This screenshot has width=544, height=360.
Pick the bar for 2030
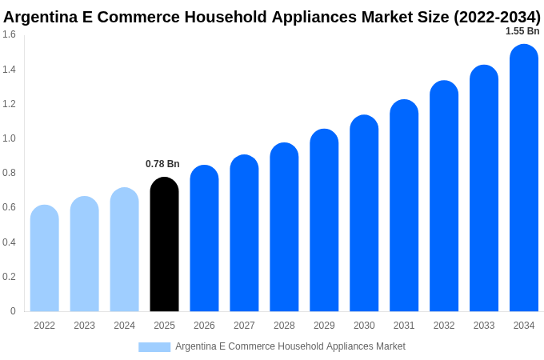pyautogui.click(x=364, y=214)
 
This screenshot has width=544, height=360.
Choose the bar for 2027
pyautogui.click(x=244, y=234)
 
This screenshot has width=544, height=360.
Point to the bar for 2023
pyautogui.click(x=85, y=254)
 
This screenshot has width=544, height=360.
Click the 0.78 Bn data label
pyautogui.click(x=162, y=164)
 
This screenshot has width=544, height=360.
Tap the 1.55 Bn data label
pyautogui.click(x=522, y=31)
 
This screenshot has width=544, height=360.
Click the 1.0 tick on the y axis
pyautogui.click(x=9, y=138)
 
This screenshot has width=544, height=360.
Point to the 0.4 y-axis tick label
pyautogui.click(x=9, y=242)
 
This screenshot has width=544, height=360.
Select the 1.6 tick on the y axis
pyautogui.click(x=9, y=34)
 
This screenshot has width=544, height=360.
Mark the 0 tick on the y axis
pyautogui.click(x=13, y=311)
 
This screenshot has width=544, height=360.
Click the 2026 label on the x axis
pyautogui.click(x=204, y=326)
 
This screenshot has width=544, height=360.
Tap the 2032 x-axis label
pyautogui.click(x=444, y=326)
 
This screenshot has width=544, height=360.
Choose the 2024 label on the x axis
pyautogui.click(x=124, y=326)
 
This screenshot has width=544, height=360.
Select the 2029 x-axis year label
pyautogui.click(x=324, y=326)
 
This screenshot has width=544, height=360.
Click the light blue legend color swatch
pyautogui.click(x=154, y=347)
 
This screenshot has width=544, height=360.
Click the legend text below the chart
pyautogui.click(x=290, y=346)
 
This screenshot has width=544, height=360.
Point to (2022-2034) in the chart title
pyautogui.click(x=497, y=17)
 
